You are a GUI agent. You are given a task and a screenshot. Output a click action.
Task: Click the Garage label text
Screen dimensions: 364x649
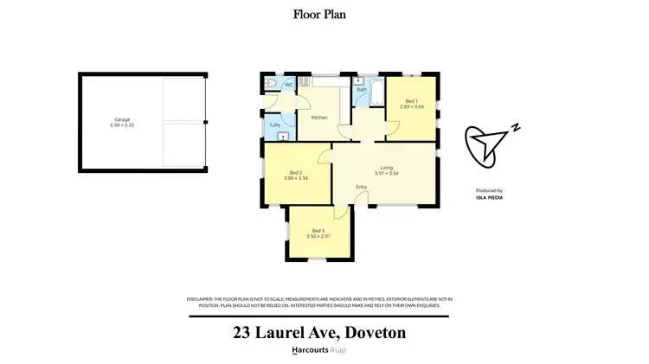pos(123,120)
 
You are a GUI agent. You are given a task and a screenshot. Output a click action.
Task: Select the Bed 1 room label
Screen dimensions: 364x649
pos(411,101)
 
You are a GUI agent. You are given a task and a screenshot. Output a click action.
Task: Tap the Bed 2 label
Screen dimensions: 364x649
pos(296,172)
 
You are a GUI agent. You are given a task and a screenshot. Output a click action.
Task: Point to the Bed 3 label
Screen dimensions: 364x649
pos(318,230)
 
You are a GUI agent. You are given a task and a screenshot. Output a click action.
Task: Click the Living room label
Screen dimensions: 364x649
pos(387,168)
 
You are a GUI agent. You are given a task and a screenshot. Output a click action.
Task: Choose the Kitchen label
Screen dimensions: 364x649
pos(319,117)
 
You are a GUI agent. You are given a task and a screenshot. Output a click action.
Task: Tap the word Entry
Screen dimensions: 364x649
pos(362,188)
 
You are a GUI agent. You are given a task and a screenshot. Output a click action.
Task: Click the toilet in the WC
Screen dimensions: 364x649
pos(271,84)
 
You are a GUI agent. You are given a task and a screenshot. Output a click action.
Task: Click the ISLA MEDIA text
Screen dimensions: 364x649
pos(489,198)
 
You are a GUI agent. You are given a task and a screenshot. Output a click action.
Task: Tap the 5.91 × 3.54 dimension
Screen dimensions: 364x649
pos(387,174)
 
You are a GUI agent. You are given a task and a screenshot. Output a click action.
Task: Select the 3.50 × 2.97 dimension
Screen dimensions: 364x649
pos(318,236)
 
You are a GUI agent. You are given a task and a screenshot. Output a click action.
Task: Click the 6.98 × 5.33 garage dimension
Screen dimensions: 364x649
pos(123,126)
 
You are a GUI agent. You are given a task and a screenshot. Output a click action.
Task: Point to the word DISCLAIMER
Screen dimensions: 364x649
pos(201,298)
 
